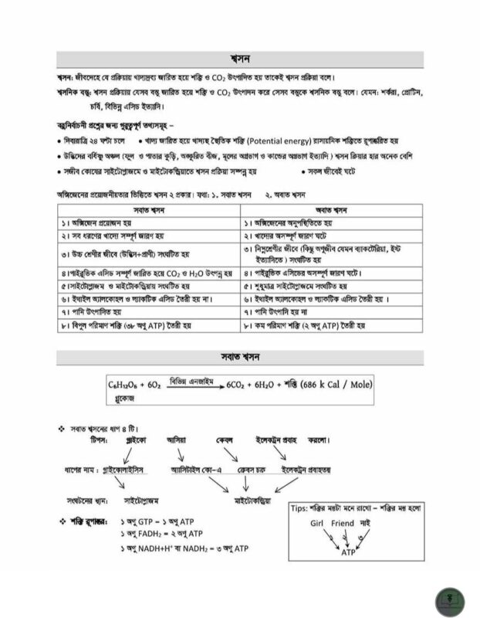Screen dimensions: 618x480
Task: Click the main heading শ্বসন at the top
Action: point(240,60)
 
